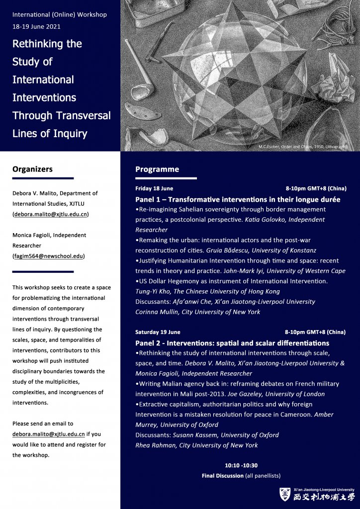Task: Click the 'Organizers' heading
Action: pyautogui.click(x=32, y=170)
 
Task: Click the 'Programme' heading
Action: pyautogui.click(x=157, y=170)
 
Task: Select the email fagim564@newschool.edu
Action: pyautogui.click(x=48, y=256)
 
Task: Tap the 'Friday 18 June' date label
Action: pyautogui.click(x=154, y=189)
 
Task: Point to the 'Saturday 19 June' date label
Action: pyautogui.click(x=158, y=332)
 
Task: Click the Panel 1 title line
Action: pyautogui.click(x=238, y=199)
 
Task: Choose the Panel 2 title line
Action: pyautogui.click(x=232, y=343)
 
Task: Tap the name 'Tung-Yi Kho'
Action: pyautogui.click(x=151, y=292)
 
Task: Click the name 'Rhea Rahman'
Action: pyautogui.click(x=153, y=445)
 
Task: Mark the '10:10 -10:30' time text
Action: pyautogui.click(x=241, y=465)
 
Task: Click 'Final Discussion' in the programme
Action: pyautogui.click(x=223, y=476)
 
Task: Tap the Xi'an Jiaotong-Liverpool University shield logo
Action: pyautogui.click(x=285, y=494)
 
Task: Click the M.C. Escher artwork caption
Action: pyautogui.click(x=301, y=147)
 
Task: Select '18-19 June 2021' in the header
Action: pyautogui.click(x=37, y=26)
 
